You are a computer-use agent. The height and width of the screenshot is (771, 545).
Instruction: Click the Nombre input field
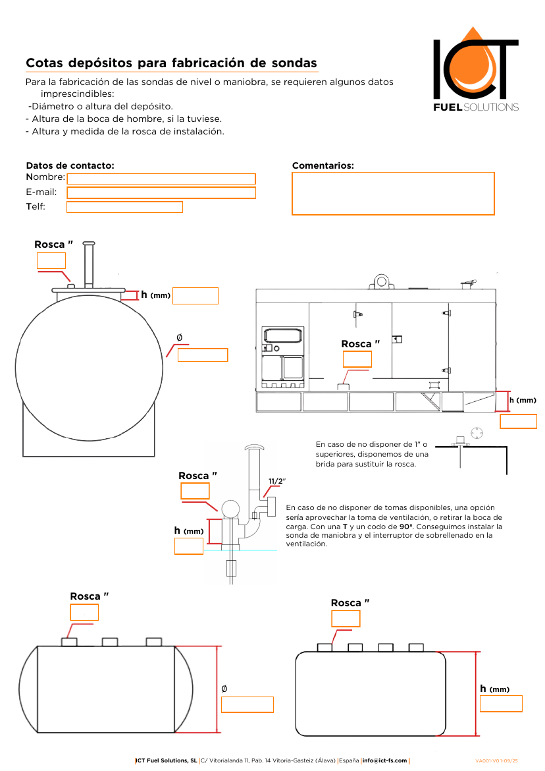161,179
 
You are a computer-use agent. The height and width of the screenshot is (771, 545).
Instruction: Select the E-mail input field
161,192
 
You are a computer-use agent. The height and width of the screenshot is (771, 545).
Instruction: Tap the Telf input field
124,208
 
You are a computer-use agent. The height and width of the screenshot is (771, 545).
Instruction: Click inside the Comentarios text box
392,194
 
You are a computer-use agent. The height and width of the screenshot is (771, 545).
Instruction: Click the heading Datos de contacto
70,165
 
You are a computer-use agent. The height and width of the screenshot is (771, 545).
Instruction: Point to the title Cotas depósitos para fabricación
171,63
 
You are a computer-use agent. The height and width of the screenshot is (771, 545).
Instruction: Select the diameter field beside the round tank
203,355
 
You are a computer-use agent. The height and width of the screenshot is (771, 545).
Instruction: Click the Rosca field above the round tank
51,260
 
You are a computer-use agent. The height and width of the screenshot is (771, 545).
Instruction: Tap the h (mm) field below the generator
518,421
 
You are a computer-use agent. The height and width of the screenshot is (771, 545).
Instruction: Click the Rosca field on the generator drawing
357,359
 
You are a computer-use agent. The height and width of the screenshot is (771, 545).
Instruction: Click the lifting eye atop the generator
381,281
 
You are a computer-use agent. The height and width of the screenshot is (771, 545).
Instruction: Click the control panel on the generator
283,357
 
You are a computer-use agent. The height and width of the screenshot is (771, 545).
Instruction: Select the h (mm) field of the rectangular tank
500,704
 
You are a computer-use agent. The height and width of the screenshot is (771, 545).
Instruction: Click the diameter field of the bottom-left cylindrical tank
247,704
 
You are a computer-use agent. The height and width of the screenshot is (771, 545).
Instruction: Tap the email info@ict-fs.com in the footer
384,760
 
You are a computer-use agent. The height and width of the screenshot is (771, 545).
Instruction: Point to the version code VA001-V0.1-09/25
497,760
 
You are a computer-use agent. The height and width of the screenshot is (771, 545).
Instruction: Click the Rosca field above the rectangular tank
346,619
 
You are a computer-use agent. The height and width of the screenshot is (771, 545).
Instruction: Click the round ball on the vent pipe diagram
230,509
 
